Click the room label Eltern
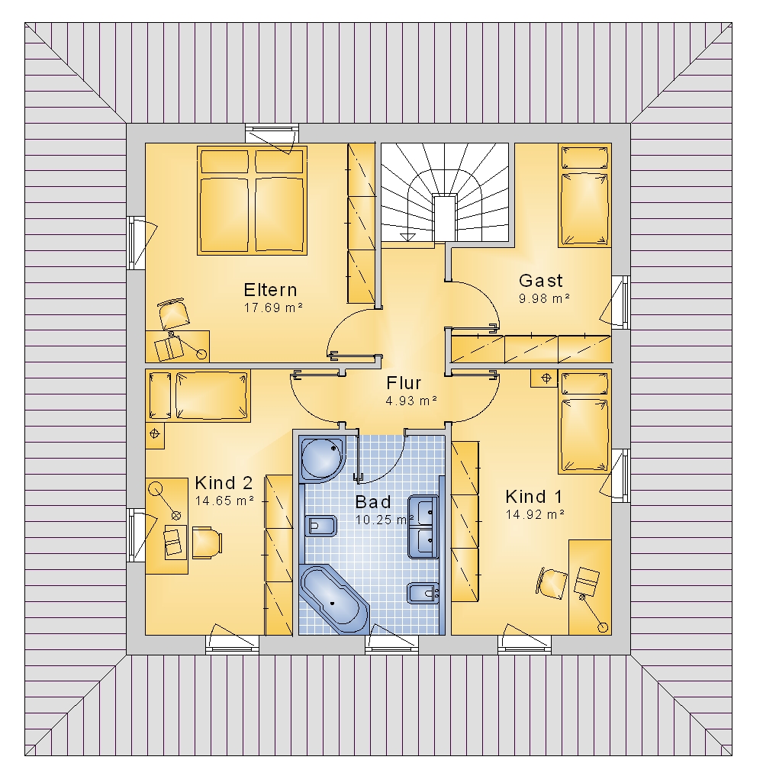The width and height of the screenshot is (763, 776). [270, 289]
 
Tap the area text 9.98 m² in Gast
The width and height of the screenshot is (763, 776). [544, 298]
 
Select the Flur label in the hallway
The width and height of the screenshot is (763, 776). [404, 382]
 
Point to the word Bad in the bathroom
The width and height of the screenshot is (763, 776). [373, 502]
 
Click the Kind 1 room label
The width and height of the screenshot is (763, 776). [534, 497]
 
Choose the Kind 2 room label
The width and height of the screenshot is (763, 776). [224, 482]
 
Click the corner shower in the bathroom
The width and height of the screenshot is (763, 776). [322, 459]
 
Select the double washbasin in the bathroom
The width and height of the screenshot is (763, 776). [423, 526]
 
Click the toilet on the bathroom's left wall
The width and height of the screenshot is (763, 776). [321, 526]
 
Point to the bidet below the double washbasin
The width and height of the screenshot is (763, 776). [423, 593]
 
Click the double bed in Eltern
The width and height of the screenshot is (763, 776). [252, 201]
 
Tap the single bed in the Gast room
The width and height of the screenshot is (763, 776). [584, 196]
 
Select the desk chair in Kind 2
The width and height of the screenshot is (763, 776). [207, 543]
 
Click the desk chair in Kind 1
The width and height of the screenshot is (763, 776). [551, 583]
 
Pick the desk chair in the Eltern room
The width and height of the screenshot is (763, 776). [174, 314]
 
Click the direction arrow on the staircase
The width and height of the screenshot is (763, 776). [407, 237]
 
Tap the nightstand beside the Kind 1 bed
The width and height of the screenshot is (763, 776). [544, 378]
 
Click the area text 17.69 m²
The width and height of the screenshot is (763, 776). [273, 308]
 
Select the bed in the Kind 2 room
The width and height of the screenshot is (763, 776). [198, 395]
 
